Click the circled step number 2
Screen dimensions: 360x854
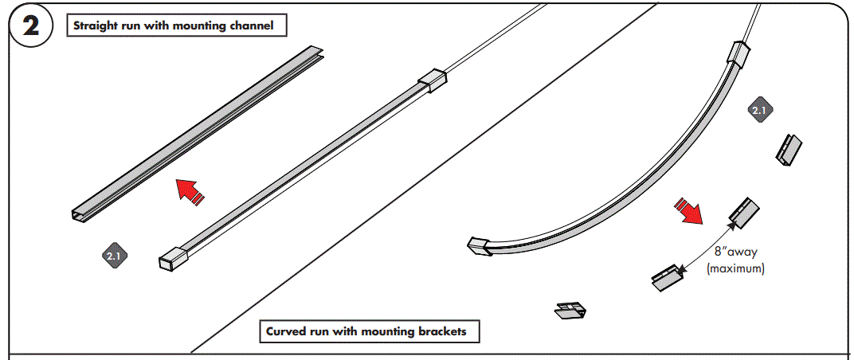tap(30, 26)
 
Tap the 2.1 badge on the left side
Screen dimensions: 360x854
tap(113, 256)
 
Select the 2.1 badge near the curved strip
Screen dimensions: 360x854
tap(759, 111)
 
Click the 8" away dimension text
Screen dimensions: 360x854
tap(735, 252)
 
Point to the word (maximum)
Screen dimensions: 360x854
tap(735, 269)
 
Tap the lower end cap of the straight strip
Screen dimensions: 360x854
tap(173, 256)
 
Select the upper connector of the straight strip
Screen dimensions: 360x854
tap(433, 80)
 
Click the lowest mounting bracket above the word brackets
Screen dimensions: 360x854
tap(570, 310)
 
